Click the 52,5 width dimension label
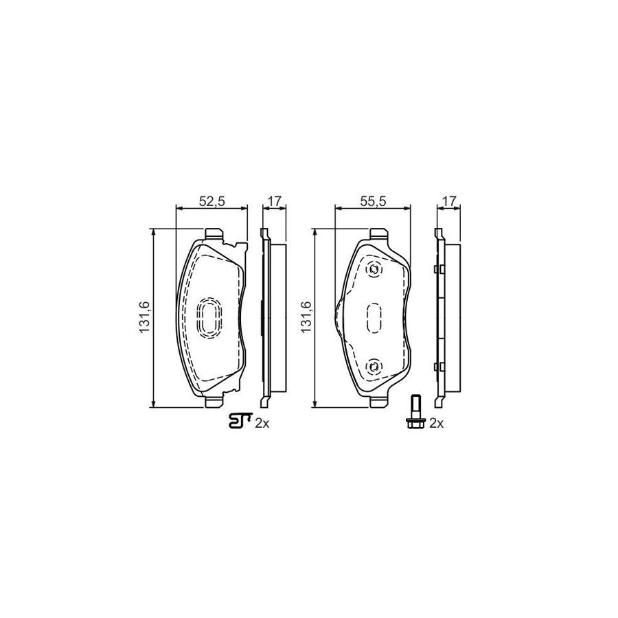pos(212,201)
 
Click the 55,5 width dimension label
pos(374,201)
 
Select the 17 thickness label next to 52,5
pos(274,201)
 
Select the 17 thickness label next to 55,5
pos(450,201)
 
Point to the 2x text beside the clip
pos(262,424)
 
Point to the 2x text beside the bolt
pos(437,424)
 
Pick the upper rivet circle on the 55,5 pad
pos(374,269)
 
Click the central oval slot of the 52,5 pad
pos(209,318)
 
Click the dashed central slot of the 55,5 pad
pos(374,318)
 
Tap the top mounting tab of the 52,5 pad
pos(213,233)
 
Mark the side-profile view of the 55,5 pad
pos(441,317)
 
